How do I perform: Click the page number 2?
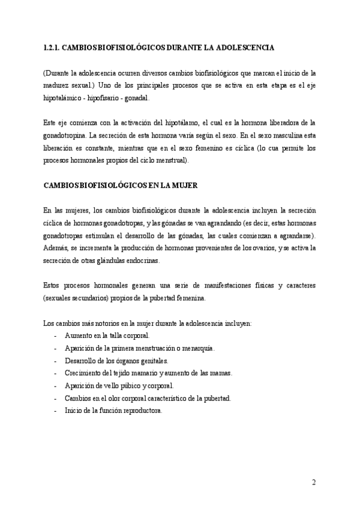click(x=314, y=482)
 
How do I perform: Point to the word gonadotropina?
click(x=65, y=135)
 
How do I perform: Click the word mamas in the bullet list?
click(x=220, y=373)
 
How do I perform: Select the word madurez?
click(x=56, y=83)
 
